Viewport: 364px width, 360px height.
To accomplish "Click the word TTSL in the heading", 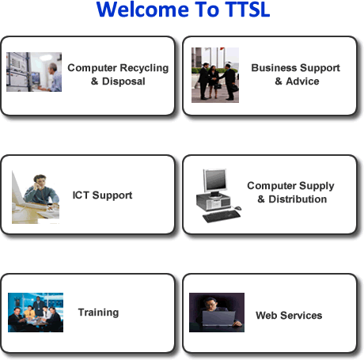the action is (x=248, y=9).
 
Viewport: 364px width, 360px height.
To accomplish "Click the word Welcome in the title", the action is (x=142, y=9).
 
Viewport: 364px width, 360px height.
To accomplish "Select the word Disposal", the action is (x=123, y=81).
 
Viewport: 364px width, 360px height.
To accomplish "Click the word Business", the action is (x=274, y=68).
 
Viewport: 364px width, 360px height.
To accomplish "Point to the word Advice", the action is (x=302, y=81).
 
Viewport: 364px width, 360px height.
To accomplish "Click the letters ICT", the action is (x=81, y=195).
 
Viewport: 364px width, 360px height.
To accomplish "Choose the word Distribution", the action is (x=298, y=199).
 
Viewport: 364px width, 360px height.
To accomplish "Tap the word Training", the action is (x=98, y=313).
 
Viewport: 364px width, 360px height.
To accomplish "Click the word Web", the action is (x=266, y=316).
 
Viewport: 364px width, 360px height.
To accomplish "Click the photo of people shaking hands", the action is (x=215, y=75).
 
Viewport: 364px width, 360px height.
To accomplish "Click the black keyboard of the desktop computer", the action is (x=222, y=216).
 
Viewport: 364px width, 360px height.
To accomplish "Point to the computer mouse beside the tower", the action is (x=237, y=208).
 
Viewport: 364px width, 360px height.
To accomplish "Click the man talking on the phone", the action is (x=41, y=191).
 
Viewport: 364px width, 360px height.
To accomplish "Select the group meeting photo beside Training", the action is (x=36, y=313).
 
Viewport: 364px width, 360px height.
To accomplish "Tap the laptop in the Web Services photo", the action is (x=218, y=318).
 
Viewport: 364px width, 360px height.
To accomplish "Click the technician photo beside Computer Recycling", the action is (x=34, y=72).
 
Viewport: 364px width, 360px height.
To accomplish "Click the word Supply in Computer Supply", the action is (x=317, y=186).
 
